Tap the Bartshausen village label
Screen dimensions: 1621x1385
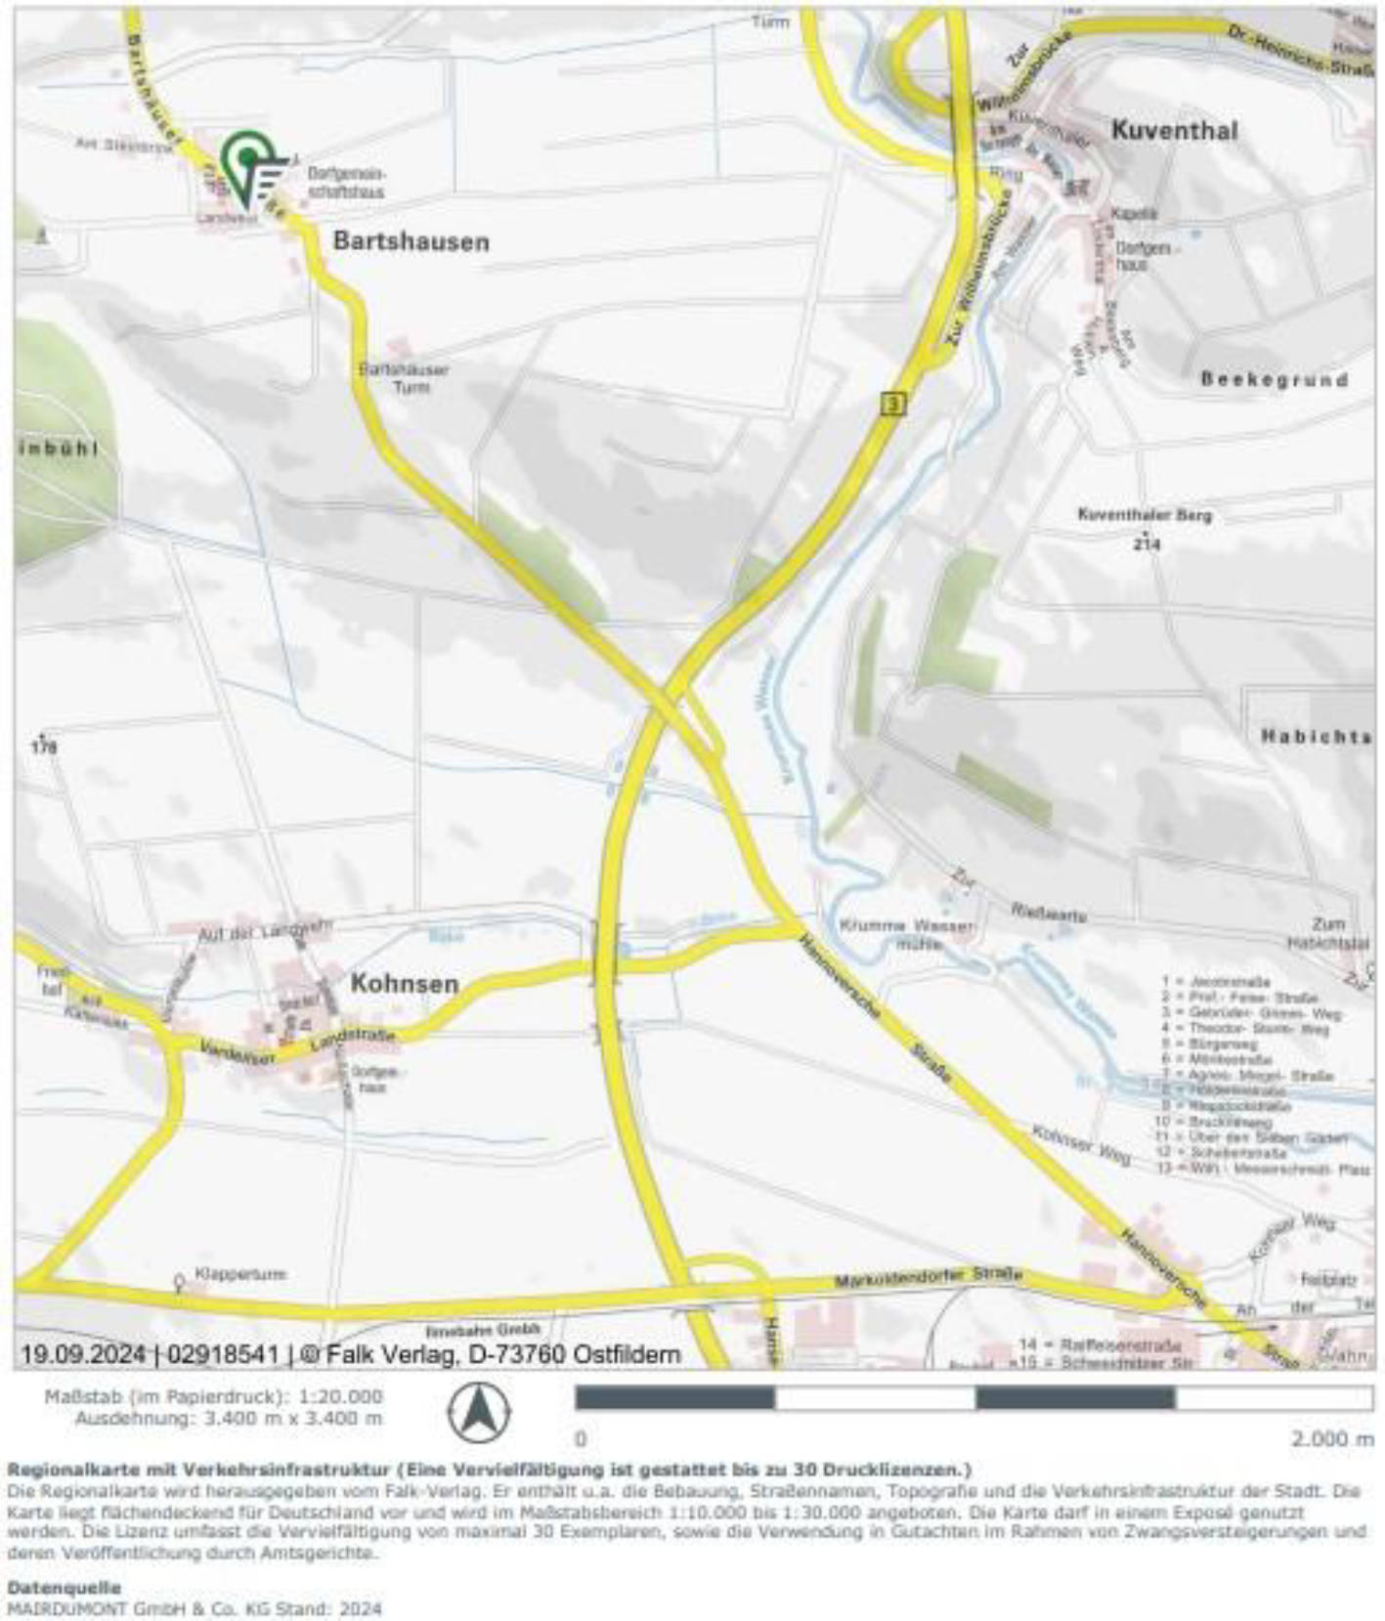coord(411,241)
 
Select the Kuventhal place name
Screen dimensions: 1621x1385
coord(1174,131)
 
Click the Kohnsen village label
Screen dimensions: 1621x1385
coord(405,983)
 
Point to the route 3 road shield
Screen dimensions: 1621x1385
coord(888,403)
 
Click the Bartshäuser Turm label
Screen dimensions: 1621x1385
coord(404,378)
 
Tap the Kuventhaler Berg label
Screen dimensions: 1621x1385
coord(1144,514)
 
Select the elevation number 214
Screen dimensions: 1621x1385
coord(1147,543)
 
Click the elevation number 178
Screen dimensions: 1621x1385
coord(44,747)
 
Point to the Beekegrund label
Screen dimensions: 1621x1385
coord(1275,379)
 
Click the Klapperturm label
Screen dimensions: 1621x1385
coord(240,1274)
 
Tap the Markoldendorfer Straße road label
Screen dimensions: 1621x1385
coord(928,1278)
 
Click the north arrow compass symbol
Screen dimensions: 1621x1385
coord(478,1412)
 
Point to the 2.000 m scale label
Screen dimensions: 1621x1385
coord(1332,1439)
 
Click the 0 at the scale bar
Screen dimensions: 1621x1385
coord(581,1439)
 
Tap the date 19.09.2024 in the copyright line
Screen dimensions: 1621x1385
coord(84,1354)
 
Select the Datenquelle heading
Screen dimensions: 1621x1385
coord(64,1588)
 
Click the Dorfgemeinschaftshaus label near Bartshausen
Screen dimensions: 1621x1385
coord(345,183)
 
